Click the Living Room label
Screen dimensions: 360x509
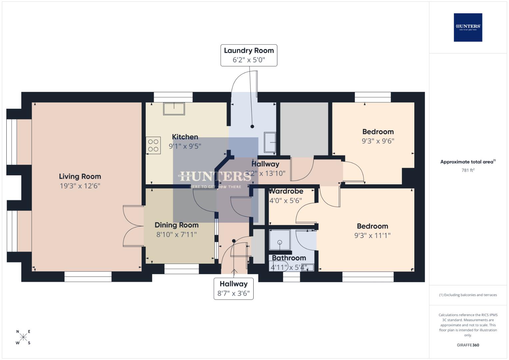80,177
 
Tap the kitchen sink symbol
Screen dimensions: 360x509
174,109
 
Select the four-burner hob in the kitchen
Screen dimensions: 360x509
153,146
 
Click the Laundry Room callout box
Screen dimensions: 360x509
249,55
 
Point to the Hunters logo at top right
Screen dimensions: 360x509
468,27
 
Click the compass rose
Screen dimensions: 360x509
23,337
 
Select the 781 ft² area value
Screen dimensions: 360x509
468,170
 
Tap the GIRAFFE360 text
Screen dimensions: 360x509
468,345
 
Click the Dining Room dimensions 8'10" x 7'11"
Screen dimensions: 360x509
176,235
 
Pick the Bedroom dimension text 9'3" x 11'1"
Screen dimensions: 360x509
372,235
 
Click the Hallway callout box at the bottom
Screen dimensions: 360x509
233,289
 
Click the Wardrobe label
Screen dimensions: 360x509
286,191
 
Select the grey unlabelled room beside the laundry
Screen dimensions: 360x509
304,129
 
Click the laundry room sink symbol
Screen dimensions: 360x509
270,142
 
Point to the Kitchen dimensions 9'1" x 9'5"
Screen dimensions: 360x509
185,146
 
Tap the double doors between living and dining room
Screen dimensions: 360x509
133,226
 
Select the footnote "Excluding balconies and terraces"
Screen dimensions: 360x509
468,295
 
